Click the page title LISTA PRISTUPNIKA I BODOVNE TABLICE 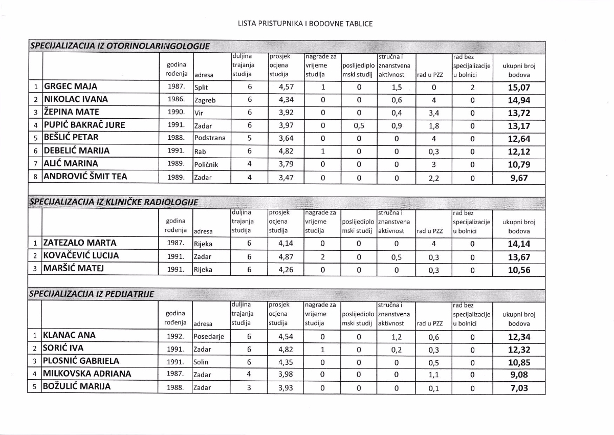(x=305, y=24)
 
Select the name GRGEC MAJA (x=70, y=86)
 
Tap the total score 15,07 (x=519, y=88)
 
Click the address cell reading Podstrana (x=209, y=138)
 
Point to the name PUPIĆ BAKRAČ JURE (x=84, y=125)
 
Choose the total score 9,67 (x=519, y=178)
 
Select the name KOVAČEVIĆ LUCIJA (x=81, y=256)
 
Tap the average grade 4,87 (x=286, y=256)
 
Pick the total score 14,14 (x=519, y=244)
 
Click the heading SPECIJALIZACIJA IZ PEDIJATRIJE (x=91, y=294)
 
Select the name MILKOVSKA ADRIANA (x=87, y=374)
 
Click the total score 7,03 (x=519, y=388)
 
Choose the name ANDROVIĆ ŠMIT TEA (x=85, y=177)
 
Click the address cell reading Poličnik (x=207, y=165)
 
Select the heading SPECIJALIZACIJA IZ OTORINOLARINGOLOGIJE (x=120, y=46)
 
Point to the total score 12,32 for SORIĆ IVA (x=519, y=350)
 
